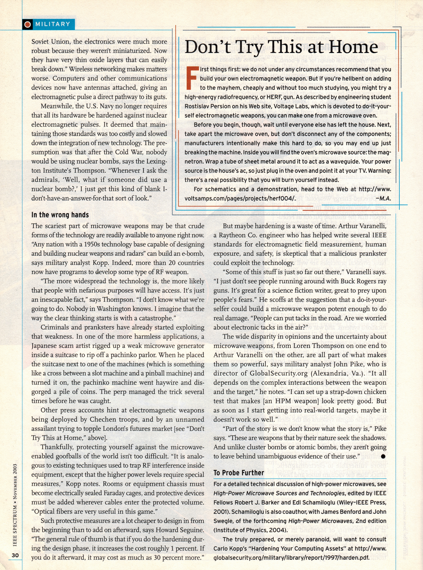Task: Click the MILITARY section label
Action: tap(52, 24)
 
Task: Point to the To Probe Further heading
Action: tap(239, 473)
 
